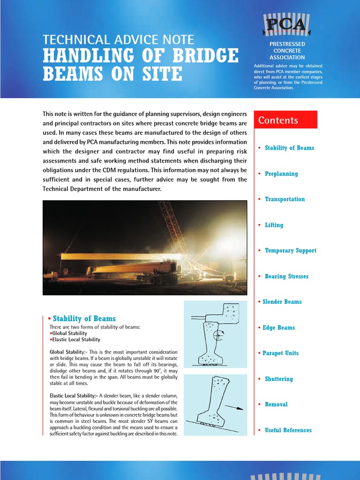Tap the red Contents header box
[285, 120]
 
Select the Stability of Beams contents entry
[289, 148]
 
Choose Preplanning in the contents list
[281, 174]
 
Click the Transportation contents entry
[285, 199]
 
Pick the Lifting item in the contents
[274, 225]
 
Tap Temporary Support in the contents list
[290, 251]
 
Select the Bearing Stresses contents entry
[286, 277]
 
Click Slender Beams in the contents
[282, 302]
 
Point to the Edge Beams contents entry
[278, 328]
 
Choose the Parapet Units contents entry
[280, 353]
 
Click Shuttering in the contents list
[278, 379]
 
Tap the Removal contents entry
[276, 405]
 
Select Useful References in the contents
[288, 430]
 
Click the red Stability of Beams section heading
[84, 319]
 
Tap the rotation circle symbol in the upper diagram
[218, 335]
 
